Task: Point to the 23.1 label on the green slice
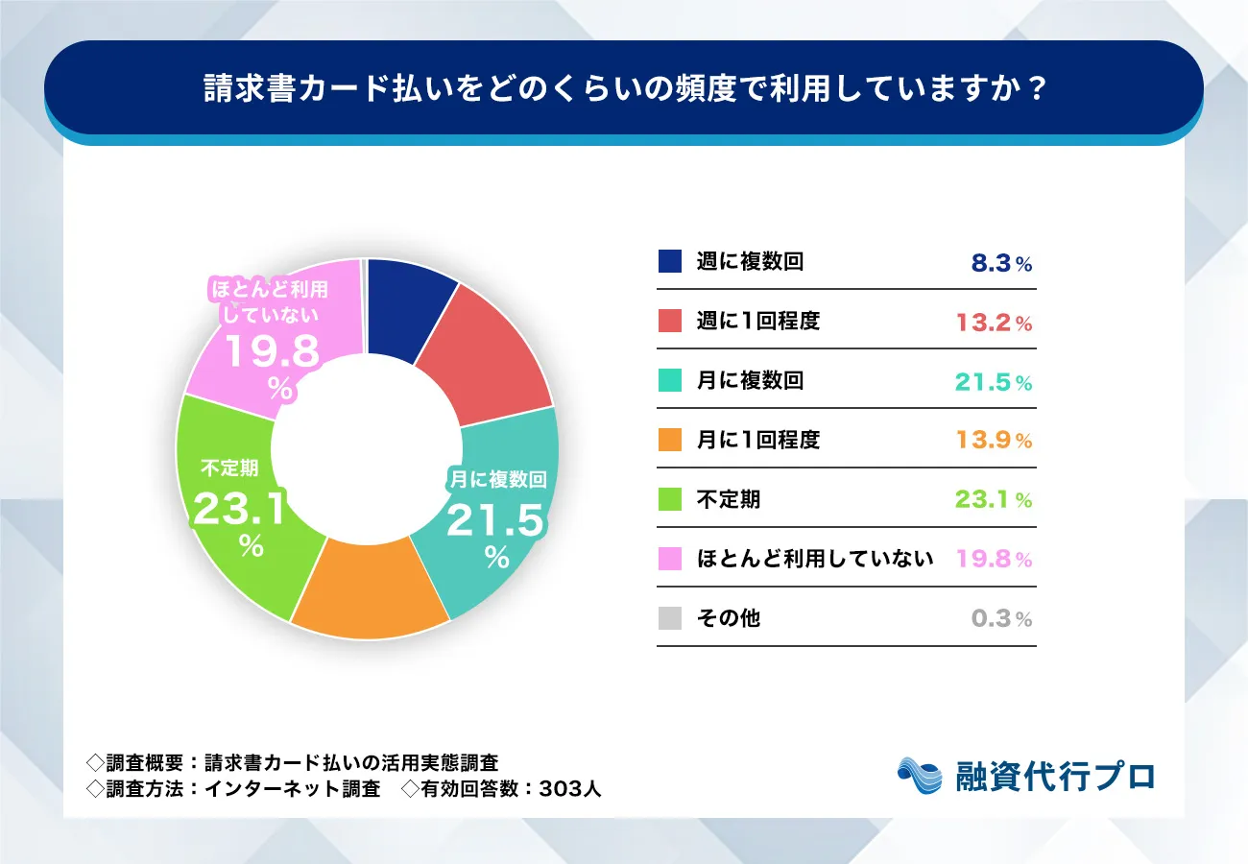(x=241, y=509)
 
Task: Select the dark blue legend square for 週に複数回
(x=670, y=262)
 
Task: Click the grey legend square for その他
(x=670, y=618)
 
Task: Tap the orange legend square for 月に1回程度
(x=670, y=441)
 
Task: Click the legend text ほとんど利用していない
(x=815, y=559)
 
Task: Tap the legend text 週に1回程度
(x=758, y=322)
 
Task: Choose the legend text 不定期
(x=728, y=499)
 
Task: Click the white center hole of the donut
(x=367, y=449)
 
